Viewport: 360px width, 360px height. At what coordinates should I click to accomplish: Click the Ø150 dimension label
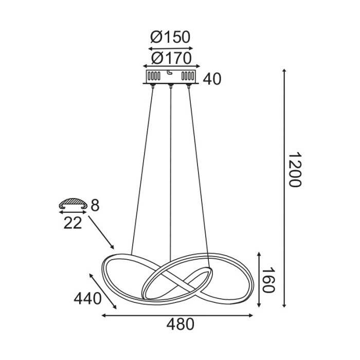(x=170, y=37)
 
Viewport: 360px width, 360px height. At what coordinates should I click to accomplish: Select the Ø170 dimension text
(x=170, y=57)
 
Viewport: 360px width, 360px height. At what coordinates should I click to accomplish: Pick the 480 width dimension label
(x=181, y=325)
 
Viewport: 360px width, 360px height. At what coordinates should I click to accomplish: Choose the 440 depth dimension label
(x=87, y=298)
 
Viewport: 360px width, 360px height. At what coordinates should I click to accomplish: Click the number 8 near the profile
(x=95, y=205)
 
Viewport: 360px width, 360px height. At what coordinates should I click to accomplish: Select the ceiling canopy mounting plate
(x=170, y=76)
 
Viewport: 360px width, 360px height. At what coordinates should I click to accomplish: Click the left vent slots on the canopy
(x=153, y=76)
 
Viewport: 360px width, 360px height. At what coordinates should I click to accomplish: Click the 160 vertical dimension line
(x=259, y=280)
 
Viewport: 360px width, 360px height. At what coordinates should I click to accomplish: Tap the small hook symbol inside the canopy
(x=170, y=73)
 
